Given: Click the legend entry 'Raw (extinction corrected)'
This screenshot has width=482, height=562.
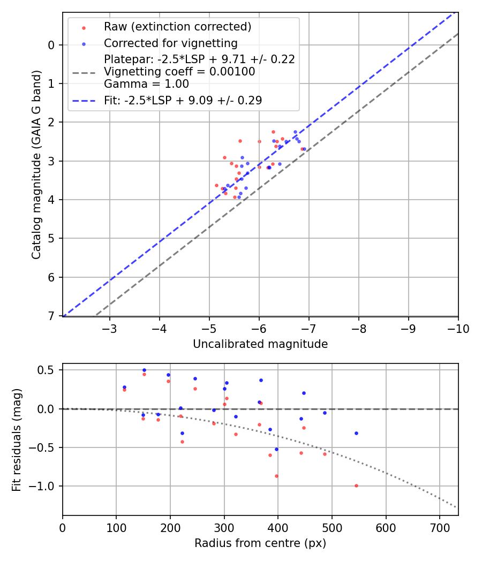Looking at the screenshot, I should (177, 27).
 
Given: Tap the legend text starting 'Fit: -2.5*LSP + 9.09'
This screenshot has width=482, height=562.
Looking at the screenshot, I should (183, 100).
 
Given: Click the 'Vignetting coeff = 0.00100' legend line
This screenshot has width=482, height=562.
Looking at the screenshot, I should (179, 71).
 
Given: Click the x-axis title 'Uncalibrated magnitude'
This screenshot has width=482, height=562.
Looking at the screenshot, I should (260, 344).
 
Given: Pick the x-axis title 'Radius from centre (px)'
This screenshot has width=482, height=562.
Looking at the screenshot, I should (260, 543).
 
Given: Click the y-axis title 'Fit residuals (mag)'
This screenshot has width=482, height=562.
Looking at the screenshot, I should (17, 439).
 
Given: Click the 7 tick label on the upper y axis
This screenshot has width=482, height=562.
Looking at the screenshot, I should (52, 316).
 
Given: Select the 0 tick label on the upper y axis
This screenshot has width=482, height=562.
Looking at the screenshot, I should (52, 45).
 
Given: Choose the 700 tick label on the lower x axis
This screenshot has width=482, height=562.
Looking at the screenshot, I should (439, 527).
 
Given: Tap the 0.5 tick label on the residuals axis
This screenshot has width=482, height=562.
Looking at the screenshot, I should (49, 370).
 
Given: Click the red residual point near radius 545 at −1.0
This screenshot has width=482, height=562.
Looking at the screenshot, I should (356, 485).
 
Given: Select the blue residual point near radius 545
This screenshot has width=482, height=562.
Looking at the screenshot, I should (356, 433).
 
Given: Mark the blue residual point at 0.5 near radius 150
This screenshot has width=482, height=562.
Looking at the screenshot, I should (144, 370).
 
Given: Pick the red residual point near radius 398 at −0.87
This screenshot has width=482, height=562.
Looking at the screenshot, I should (277, 476).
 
